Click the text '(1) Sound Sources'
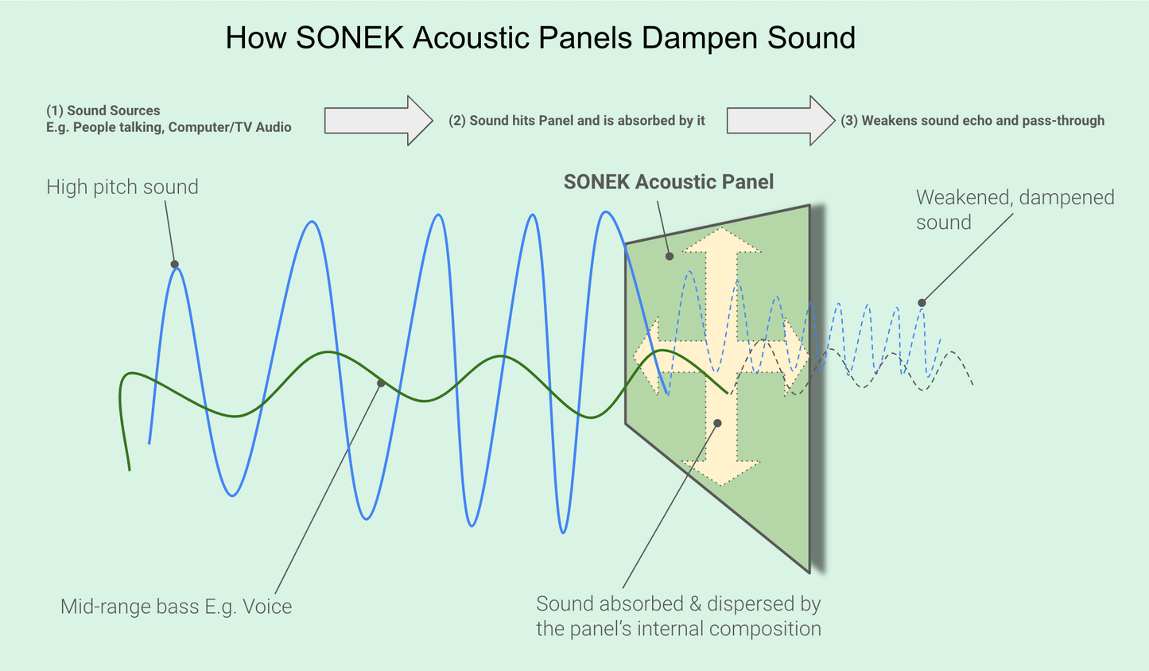coord(103,111)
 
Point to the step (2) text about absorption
coord(576,121)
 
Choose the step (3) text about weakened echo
coord(972,121)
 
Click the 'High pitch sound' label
coord(122,187)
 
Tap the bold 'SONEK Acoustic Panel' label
coord(668,182)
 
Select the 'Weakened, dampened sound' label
coord(1015,209)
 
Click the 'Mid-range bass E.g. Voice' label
coord(177,607)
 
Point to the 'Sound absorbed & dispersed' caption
coord(678,616)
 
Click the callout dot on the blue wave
coord(175,264)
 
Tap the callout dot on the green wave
coord(381,383)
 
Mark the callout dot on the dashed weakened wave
coord(922,303)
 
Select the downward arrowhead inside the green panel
coord(721,474)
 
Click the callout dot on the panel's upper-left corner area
coord(670,256)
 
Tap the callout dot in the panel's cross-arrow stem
coord(717,423)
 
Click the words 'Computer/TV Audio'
coord(230,127)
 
